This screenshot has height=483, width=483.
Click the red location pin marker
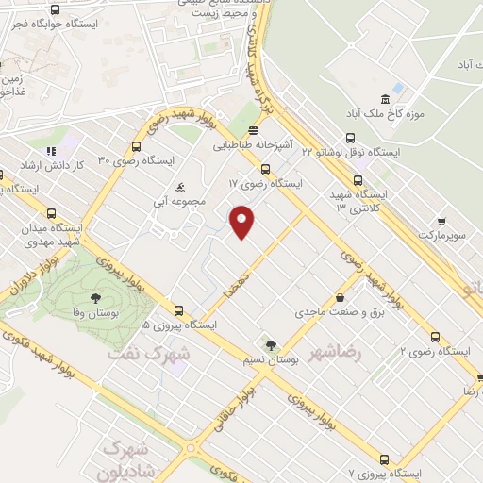(x=242, y=223)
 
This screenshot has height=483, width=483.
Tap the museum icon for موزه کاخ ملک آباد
(x=385, y=101)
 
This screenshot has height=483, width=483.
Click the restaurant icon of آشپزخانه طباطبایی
(x=252, y=132)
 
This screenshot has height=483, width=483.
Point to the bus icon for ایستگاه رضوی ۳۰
(x=138, y=146)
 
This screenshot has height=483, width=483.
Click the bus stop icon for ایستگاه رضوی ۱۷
(x=265, y=170)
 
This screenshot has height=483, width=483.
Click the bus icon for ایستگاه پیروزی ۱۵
(x=179, y=310)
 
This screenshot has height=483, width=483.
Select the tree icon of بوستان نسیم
(x=272, y=345)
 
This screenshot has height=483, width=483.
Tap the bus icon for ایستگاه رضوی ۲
(x=435, y=337)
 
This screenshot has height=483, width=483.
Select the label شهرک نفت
(x=149, y=355)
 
